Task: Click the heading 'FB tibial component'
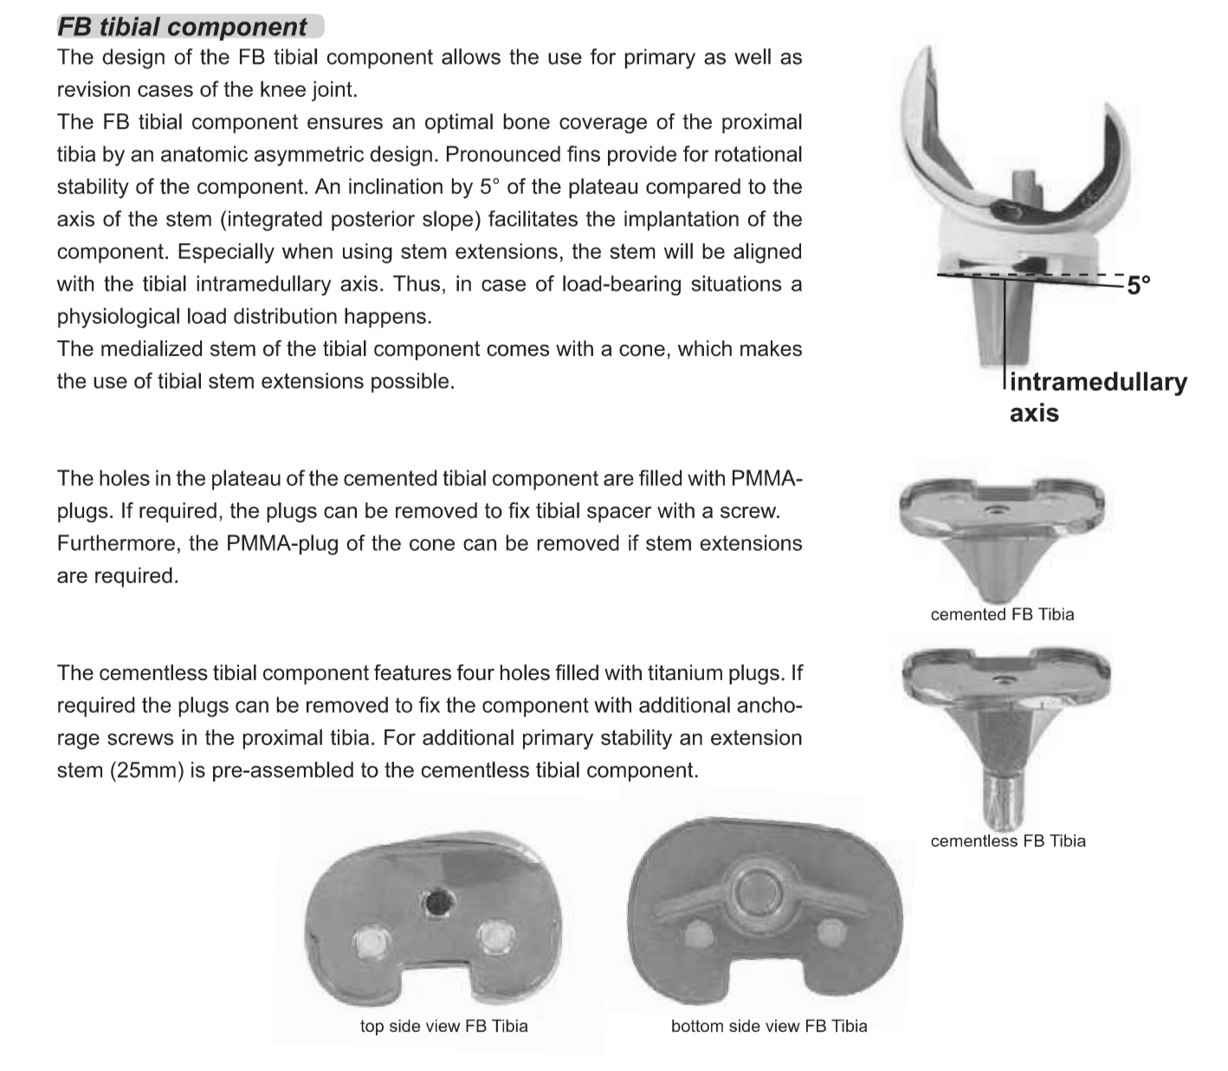pos(182,27)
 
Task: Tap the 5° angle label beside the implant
pos(1138,284)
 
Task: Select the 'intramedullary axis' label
pos(1097,396)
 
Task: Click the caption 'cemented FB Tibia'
pos(1002,614)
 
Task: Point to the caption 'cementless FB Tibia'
pos(1007,841)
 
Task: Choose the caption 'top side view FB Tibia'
pos(443,1026)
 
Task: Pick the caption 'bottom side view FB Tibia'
pos(768,1026)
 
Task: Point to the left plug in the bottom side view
pos(697,933)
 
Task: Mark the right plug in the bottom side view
pos(832,931)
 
